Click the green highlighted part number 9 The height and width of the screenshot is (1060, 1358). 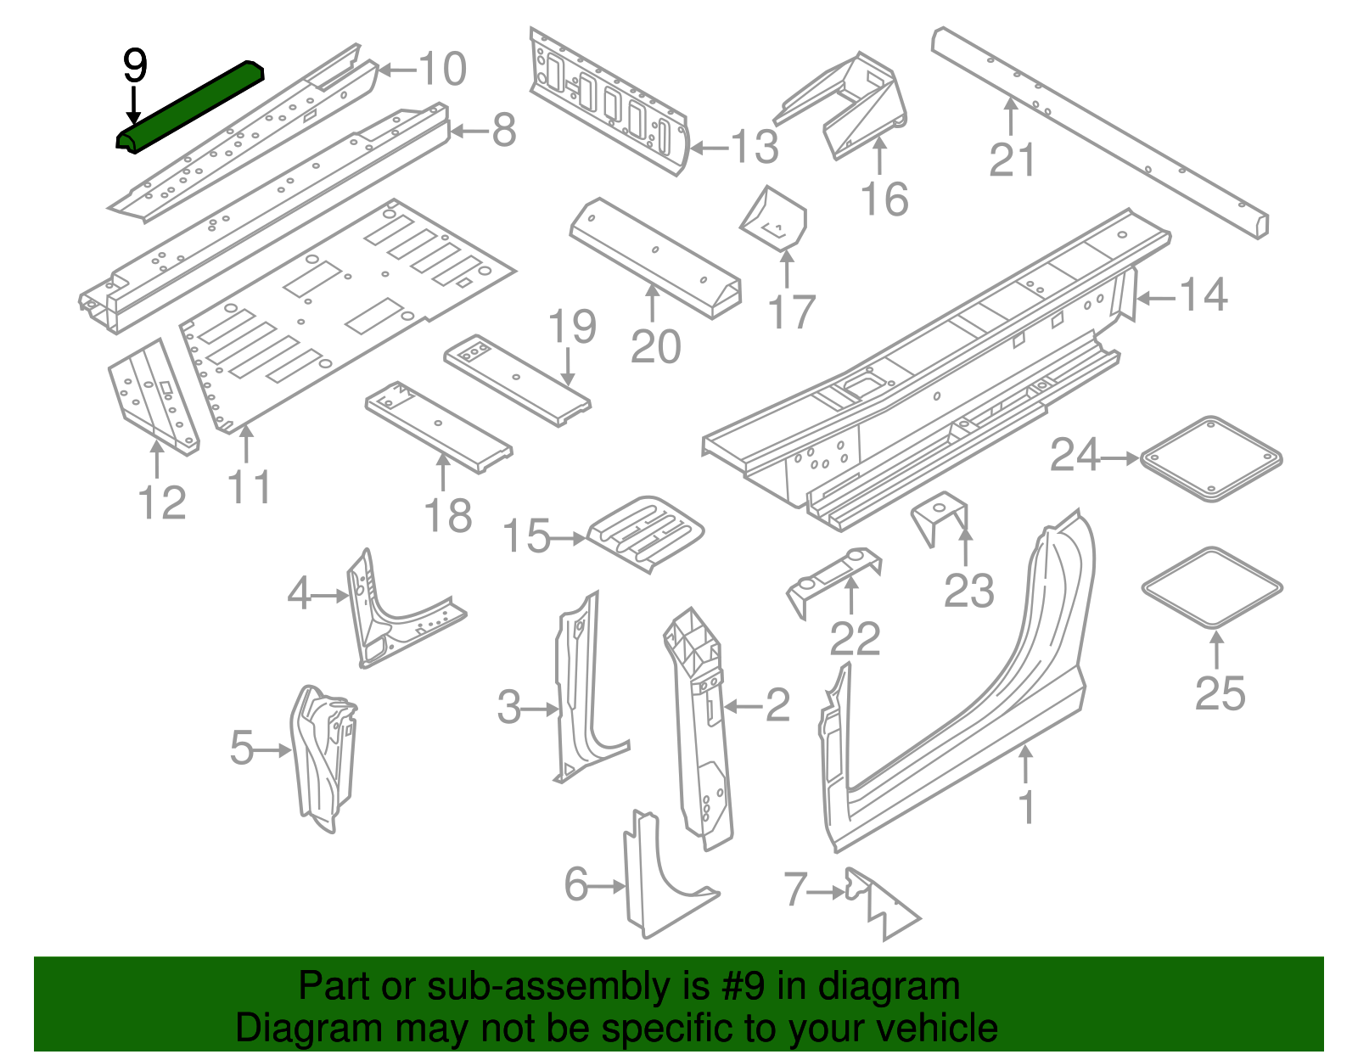click(191, 106)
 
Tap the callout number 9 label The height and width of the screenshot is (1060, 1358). click(135, 66)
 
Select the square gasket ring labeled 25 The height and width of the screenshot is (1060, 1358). click(1212, 587)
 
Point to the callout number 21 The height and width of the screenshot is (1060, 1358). click(1013, 160)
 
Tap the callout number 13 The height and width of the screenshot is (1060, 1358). click(755, 147)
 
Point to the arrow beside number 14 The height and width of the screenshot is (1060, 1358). click(1155, 298)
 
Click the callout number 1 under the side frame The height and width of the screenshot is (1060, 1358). click(1027, 807)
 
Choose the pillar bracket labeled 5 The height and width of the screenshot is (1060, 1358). click(323, 757)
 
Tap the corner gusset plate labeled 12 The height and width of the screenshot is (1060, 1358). click(153, 397)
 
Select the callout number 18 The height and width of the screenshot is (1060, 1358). click(448, 516)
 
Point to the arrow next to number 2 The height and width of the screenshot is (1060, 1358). click(742, 706)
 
